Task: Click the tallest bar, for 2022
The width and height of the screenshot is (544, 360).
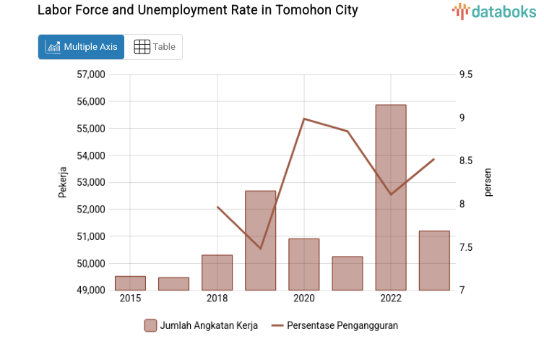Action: click(391, 197)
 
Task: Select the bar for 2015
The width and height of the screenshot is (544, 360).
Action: click(130, 283)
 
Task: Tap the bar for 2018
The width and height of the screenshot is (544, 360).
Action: click(217, 273)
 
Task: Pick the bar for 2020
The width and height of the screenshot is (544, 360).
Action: click(304, 265)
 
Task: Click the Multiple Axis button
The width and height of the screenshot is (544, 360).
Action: click(81, 47)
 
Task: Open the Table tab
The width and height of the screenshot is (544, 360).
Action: click(155, 47)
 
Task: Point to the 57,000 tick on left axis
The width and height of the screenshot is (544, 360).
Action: click(90, 74)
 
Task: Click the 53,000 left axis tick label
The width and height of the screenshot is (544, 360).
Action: click(90, 182)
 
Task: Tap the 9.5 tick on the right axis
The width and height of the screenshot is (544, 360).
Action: click(465, 74)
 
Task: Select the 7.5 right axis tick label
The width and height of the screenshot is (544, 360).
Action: click(465, 248)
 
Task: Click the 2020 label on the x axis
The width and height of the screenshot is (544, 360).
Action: click(304, 299)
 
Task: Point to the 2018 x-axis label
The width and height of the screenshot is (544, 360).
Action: click(217, 299)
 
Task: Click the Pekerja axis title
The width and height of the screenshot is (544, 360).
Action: click(63, 182)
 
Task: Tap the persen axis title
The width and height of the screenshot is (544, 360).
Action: click(488, 182)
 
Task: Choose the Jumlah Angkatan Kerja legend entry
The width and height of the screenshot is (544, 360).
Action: click(201, 325)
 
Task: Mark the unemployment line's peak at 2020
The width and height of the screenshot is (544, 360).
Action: click(304, 119)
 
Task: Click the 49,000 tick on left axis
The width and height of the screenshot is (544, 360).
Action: click(90, 291)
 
